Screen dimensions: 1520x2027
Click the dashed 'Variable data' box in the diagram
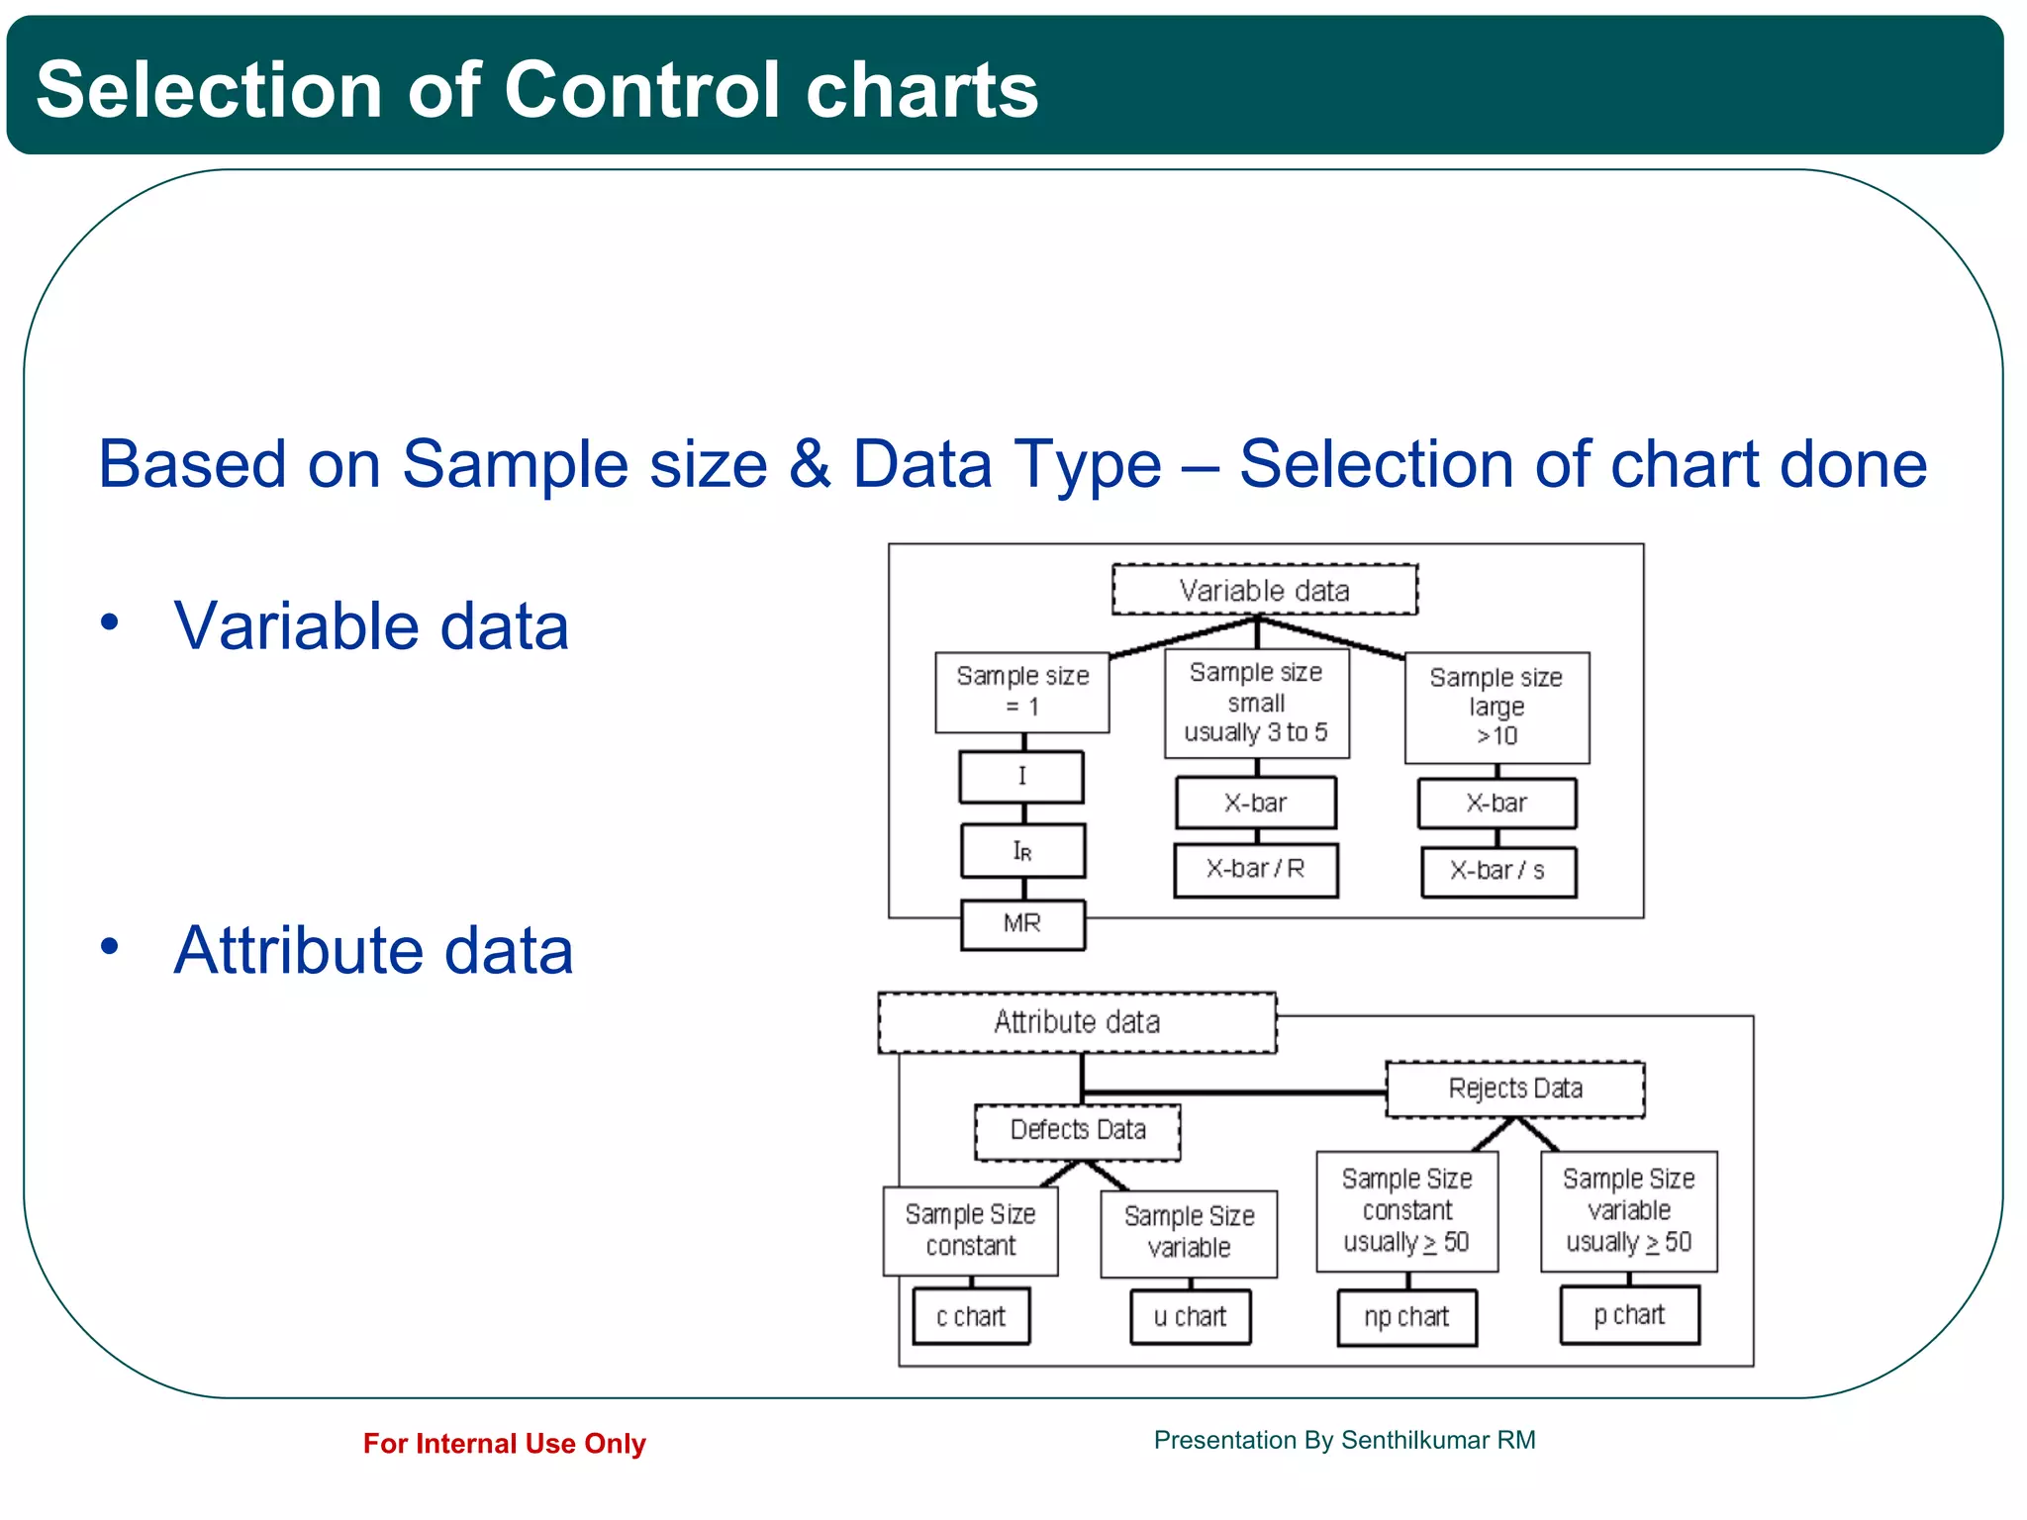pos(1264,590)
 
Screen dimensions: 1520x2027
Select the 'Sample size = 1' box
pos(1021,691)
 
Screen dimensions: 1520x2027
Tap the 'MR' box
pos(1022,923)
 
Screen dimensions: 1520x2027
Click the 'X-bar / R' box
pos(1255,869)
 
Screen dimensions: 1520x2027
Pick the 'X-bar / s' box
pos(1497,871)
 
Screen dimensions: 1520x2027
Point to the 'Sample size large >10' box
pos(1496,707)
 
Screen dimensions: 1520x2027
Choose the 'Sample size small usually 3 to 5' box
pos(1256,703)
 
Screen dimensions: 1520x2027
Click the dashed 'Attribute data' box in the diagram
pos(1077,1021)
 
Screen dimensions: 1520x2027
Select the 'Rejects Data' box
pos(1514,1089)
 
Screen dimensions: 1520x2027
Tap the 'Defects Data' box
pos(1077,1130)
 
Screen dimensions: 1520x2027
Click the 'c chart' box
pos(971,1316)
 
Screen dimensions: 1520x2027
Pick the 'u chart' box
pos(1190,1316)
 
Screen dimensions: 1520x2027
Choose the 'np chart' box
pos(1406,1317)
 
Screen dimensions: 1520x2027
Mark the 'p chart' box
pos(1629,1315)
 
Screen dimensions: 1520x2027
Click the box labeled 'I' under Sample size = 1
pos(1021,776)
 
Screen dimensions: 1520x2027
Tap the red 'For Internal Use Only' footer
pos(504,1443)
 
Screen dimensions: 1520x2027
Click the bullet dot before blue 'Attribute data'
pos(109,947)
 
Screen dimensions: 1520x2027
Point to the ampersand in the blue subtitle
pos(810,464)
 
